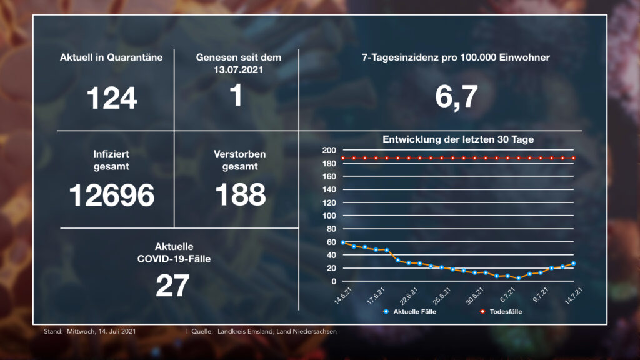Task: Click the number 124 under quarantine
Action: (111, 98)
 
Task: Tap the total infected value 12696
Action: (111, 196)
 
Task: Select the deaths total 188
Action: (241, 196)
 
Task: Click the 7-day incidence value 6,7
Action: (456, 97)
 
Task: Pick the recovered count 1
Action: (236, 96)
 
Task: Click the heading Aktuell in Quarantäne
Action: (111, 57)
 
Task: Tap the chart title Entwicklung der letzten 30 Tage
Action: (458, 139)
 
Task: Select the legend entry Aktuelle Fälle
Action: (414, 311)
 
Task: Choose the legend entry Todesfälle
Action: (505, 311)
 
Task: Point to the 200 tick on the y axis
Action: (330, 151)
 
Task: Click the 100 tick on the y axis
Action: (330, 216)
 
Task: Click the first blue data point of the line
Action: (343, 242)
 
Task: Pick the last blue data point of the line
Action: (573, 263)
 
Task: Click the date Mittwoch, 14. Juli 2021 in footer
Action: (101, 331)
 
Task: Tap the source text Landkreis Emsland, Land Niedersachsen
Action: (276, 331)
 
